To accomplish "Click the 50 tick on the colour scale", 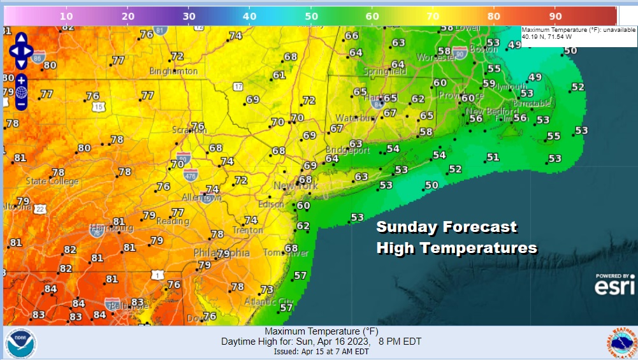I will tap(311, 15).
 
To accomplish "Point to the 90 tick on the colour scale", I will tap(555, 15).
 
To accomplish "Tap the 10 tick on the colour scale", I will tap(67, 15).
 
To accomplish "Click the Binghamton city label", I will tap(173, 71).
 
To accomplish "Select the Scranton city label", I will tap(189, 130).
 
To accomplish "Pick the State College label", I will tap(52, 181).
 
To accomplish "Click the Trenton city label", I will tap(247, 230).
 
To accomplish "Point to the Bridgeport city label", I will tap(350, 151).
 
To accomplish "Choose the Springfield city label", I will tap(384, 71).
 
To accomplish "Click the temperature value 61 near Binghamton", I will tap(279, 75).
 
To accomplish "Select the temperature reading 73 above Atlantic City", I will tap(267, 290).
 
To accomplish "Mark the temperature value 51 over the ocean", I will tap(493, 157).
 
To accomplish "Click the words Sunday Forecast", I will tap(446, 227).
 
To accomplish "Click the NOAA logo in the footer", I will tap(20, 343).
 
